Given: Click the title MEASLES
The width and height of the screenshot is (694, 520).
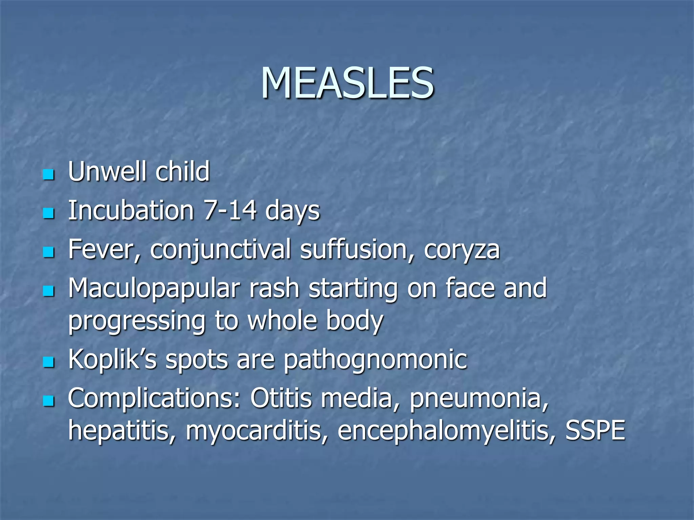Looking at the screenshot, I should coord(347,83).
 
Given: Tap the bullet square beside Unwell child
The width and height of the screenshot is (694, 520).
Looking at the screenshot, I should coord(49,175).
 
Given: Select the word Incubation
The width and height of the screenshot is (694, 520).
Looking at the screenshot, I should coord(131,210).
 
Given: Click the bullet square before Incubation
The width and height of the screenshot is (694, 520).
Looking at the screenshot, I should coord(49,214).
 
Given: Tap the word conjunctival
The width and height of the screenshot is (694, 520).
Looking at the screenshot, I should coord(220,250).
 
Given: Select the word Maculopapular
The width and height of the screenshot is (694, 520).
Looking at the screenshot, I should coord(154,289).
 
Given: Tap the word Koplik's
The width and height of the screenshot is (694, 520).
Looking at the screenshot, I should coord(112,360).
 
